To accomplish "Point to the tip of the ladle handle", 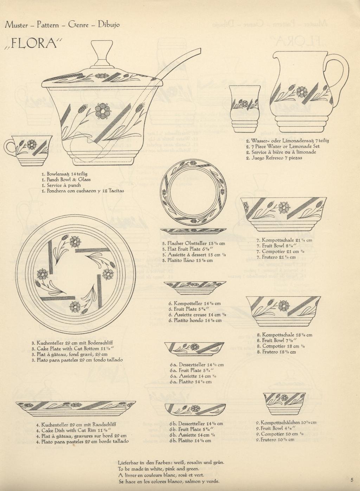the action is pos(200,50).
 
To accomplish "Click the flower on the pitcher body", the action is pos(301,92).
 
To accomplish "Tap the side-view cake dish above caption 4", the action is pos(76,409).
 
